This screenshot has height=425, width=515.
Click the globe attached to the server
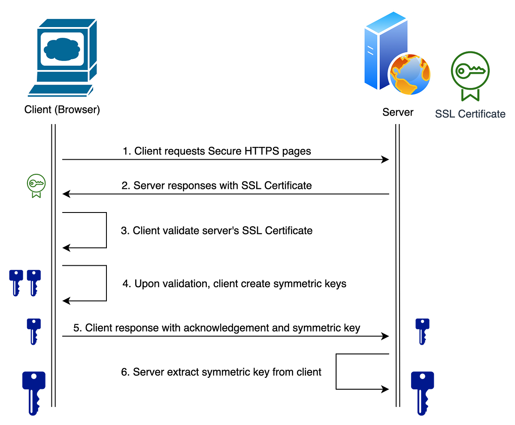click(411, 74)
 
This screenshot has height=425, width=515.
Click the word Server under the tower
click(398, 112)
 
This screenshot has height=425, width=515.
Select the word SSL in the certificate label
click(445, 114)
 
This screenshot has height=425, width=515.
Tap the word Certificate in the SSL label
click(482, 114)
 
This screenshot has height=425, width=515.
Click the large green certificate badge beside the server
click(470, 73)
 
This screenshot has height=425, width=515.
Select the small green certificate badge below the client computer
click(36, 185)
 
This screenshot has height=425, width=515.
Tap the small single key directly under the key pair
click(34, 331)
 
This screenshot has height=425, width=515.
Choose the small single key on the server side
click(422, 331)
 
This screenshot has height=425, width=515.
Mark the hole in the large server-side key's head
click(422, 376)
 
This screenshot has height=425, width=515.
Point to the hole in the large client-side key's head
click(34, 376)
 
